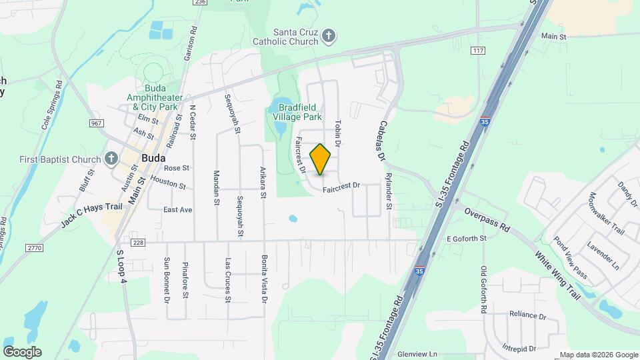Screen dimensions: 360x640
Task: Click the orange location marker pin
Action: click(x=321, y=159)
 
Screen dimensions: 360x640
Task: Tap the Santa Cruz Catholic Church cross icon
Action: click(x=328, y=36)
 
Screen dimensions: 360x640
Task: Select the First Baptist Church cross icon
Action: click(x=112, y=159)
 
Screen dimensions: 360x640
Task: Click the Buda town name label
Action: click(x=153, y=159)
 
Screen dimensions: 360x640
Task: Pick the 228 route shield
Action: click(x=138, y=242)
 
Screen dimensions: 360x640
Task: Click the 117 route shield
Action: click(x=477, y=51)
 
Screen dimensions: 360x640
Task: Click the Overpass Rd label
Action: click(x=487, y=220)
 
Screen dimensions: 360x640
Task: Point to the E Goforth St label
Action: click(x=467, y=238)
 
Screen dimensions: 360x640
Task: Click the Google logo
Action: click(x=22, y=351)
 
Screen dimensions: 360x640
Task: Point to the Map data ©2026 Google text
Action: click(x=598, y=355)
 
